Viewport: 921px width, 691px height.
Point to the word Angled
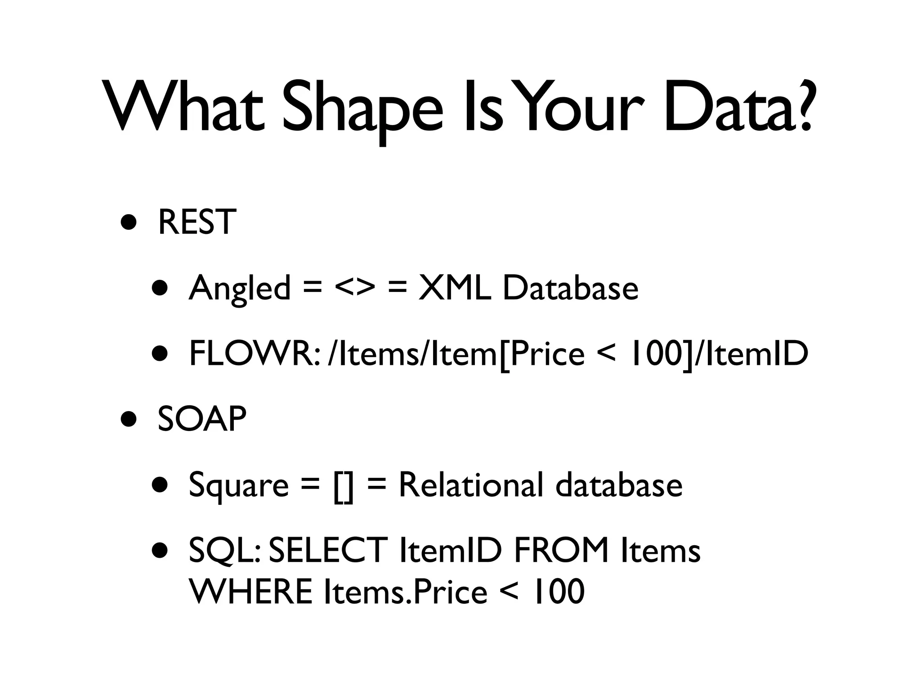pos(240,288)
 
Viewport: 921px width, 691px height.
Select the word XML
pos(455,287)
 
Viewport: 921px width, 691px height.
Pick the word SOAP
pos(202,419)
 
